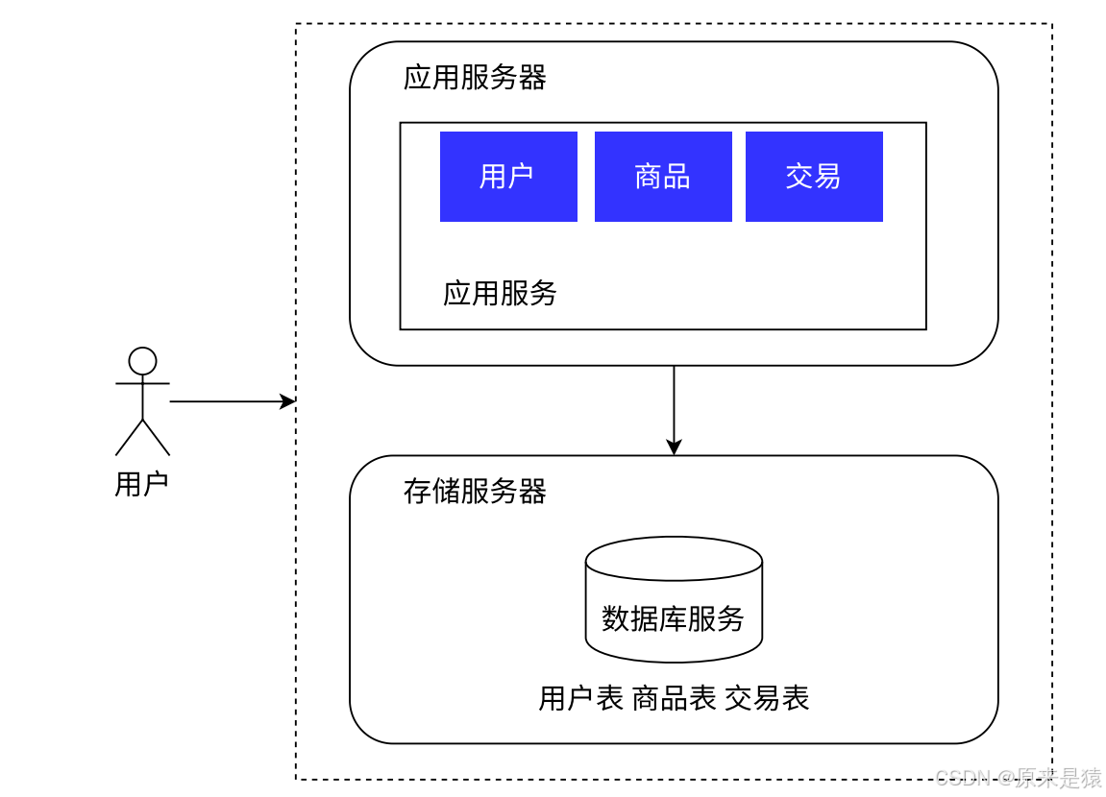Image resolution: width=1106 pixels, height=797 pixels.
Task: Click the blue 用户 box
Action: [508, 176]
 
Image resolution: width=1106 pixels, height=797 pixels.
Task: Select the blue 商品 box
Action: [663, 176]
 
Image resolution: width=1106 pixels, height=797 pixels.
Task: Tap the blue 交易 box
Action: [814, 176]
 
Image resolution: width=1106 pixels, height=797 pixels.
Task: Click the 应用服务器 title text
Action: [475, 78]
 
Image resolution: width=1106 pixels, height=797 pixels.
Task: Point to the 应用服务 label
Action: [500, 293]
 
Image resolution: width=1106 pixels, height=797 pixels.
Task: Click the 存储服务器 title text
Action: [475, 492]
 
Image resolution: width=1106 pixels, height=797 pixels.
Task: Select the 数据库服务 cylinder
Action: [674, 600]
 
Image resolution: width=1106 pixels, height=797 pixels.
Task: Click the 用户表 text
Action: [580, 698]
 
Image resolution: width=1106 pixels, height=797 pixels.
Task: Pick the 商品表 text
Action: [674, 698]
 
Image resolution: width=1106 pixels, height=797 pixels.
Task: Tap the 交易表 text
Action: [767, 698]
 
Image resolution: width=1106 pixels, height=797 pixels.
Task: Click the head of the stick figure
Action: [142, 361]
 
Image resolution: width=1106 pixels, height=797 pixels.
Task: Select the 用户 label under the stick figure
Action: [142, 484]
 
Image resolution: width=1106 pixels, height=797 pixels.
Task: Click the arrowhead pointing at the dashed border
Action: [288, 401]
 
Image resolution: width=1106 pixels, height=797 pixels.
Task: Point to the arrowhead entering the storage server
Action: [674, 447]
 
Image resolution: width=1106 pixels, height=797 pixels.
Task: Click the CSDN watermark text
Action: [1019, 777]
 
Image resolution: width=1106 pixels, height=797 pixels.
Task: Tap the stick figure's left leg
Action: [129, 438]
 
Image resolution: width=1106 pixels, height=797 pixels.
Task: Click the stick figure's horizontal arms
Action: [142, 383]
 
